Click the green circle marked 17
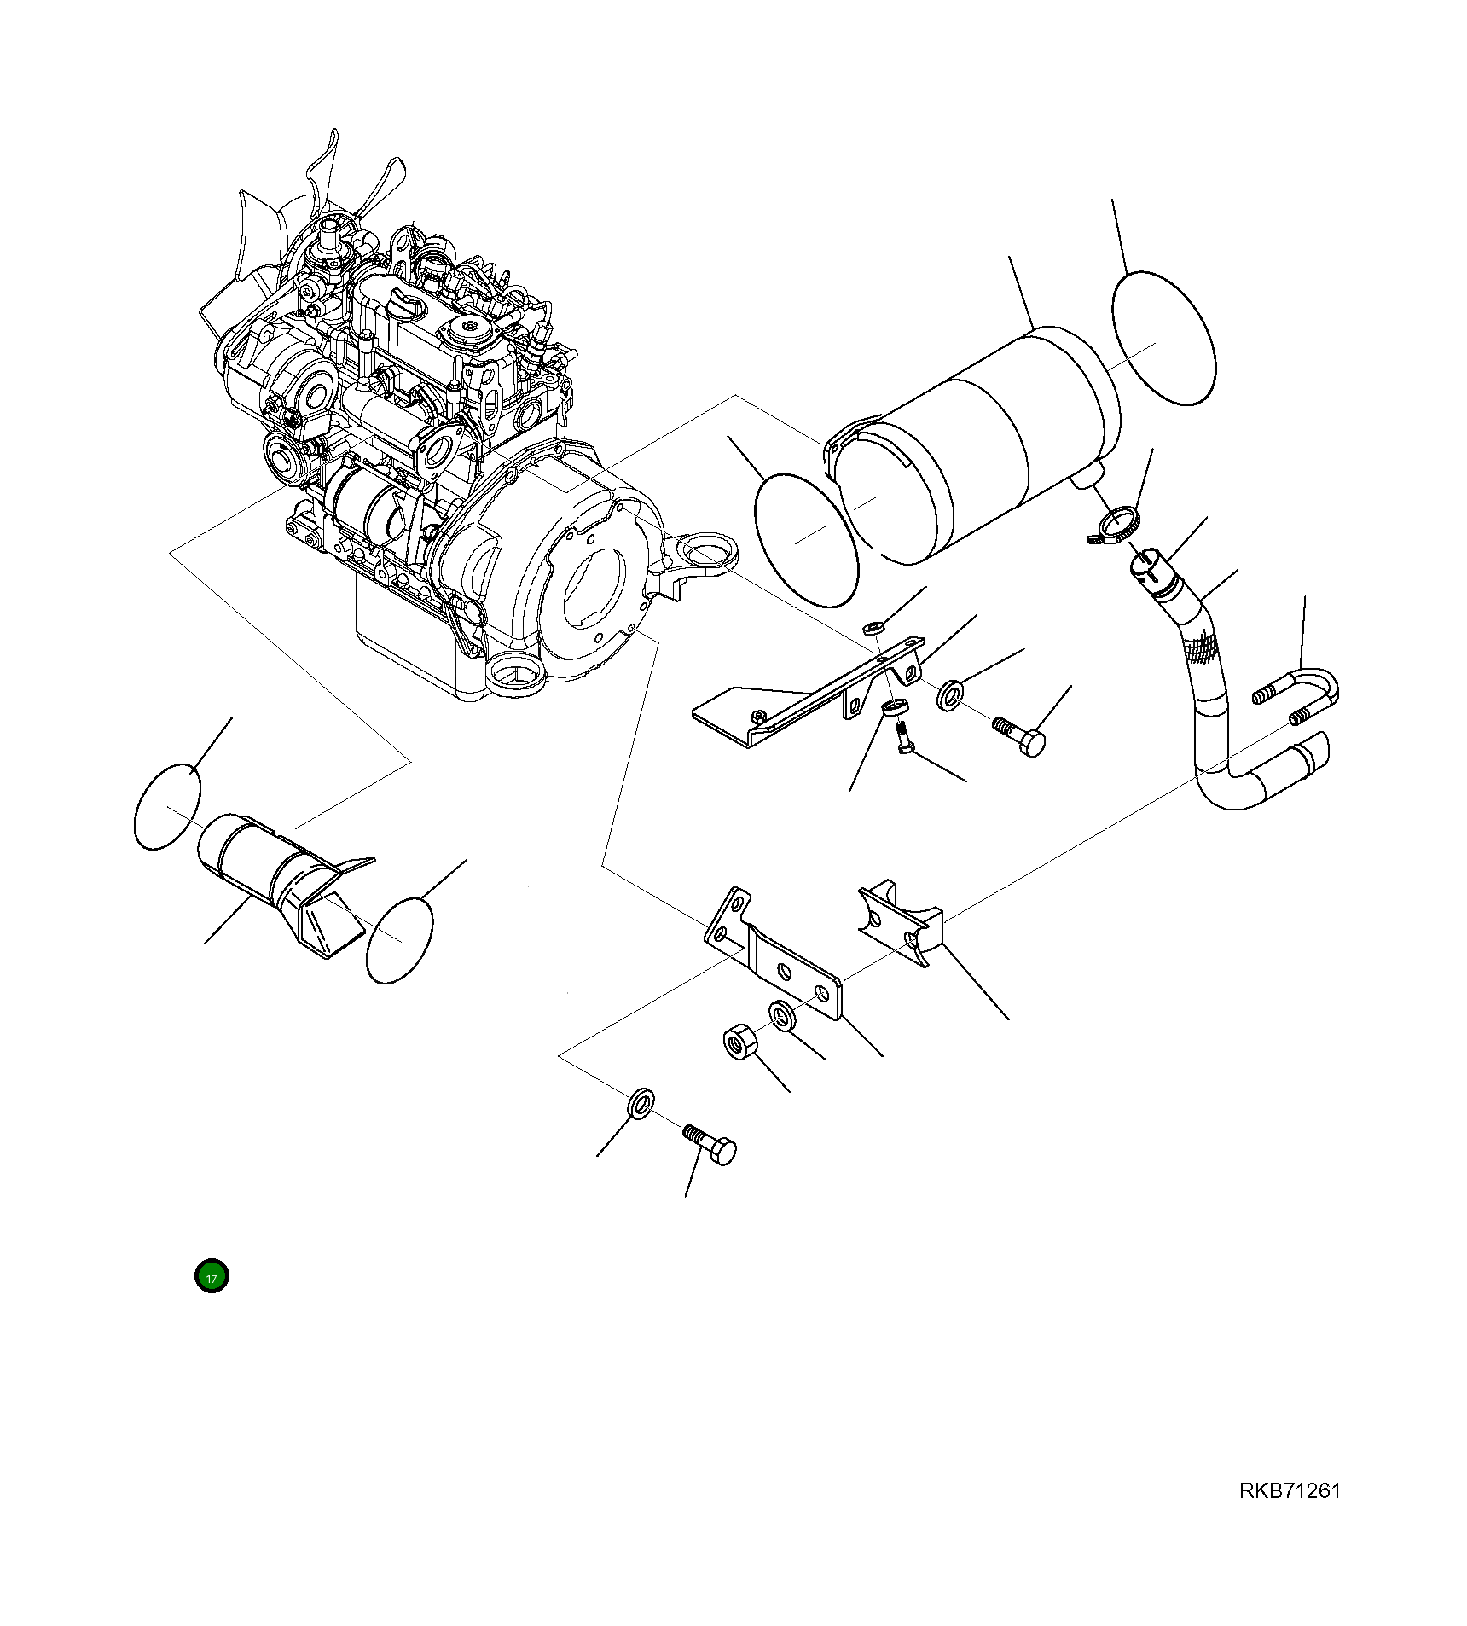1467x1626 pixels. (x=212, y=1276)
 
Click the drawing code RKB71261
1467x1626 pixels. (x=1290, y=1490)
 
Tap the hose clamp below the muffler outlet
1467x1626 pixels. (x=1116, y=523)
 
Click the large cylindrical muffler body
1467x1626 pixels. (x=972, y=444)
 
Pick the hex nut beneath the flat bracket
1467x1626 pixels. (x=736, y=1042)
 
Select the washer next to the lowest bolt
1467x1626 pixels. (x=641, y=1102)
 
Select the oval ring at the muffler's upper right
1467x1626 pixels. (x=1163, y=338)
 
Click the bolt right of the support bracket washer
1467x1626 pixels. (x=1021, y=735)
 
